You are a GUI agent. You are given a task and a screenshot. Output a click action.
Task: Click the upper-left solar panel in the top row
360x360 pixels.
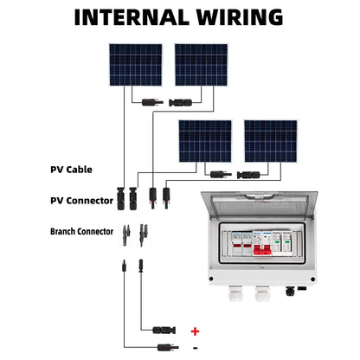[134, 65]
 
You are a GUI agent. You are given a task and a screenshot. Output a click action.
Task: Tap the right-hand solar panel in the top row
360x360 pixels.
[200, 65]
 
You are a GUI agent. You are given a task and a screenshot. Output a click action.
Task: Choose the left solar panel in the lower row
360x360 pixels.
[204, 141]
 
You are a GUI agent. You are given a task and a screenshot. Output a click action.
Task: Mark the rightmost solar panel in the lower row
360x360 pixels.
[270, 141]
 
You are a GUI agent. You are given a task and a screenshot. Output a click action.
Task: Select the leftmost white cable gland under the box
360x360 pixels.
[235, 295]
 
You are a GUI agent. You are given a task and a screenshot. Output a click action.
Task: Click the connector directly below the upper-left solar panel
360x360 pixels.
[146, 102]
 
